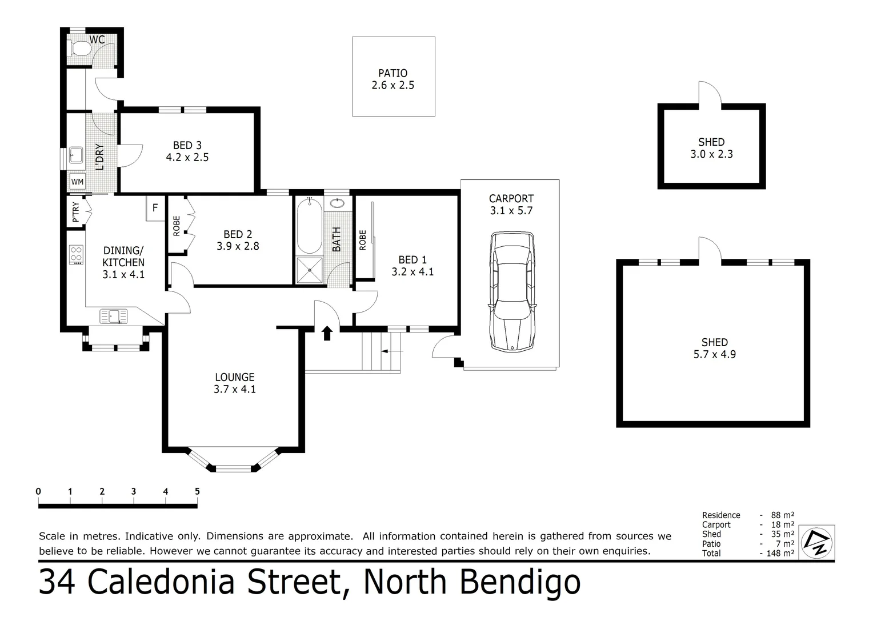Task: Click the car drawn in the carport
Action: point(512,291)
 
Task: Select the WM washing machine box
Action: point(77,182)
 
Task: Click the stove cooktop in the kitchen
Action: point(76,255)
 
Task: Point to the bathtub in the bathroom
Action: point(309,226)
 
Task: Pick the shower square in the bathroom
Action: point(309,271)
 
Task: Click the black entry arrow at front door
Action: point(327,333)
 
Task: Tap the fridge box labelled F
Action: point(155,209)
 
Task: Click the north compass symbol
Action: point(817,542)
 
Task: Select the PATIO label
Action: point(393,73)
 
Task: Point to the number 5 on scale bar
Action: point(197,491)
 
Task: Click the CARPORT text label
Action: point(511,198)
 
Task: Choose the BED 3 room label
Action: point(187,145)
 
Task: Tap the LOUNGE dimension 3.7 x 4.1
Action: point(234,390)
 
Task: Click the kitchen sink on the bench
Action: point(113,316)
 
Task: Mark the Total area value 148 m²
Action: point(780,553)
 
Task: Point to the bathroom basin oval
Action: point(337,203)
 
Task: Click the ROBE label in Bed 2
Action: point(176,226)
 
